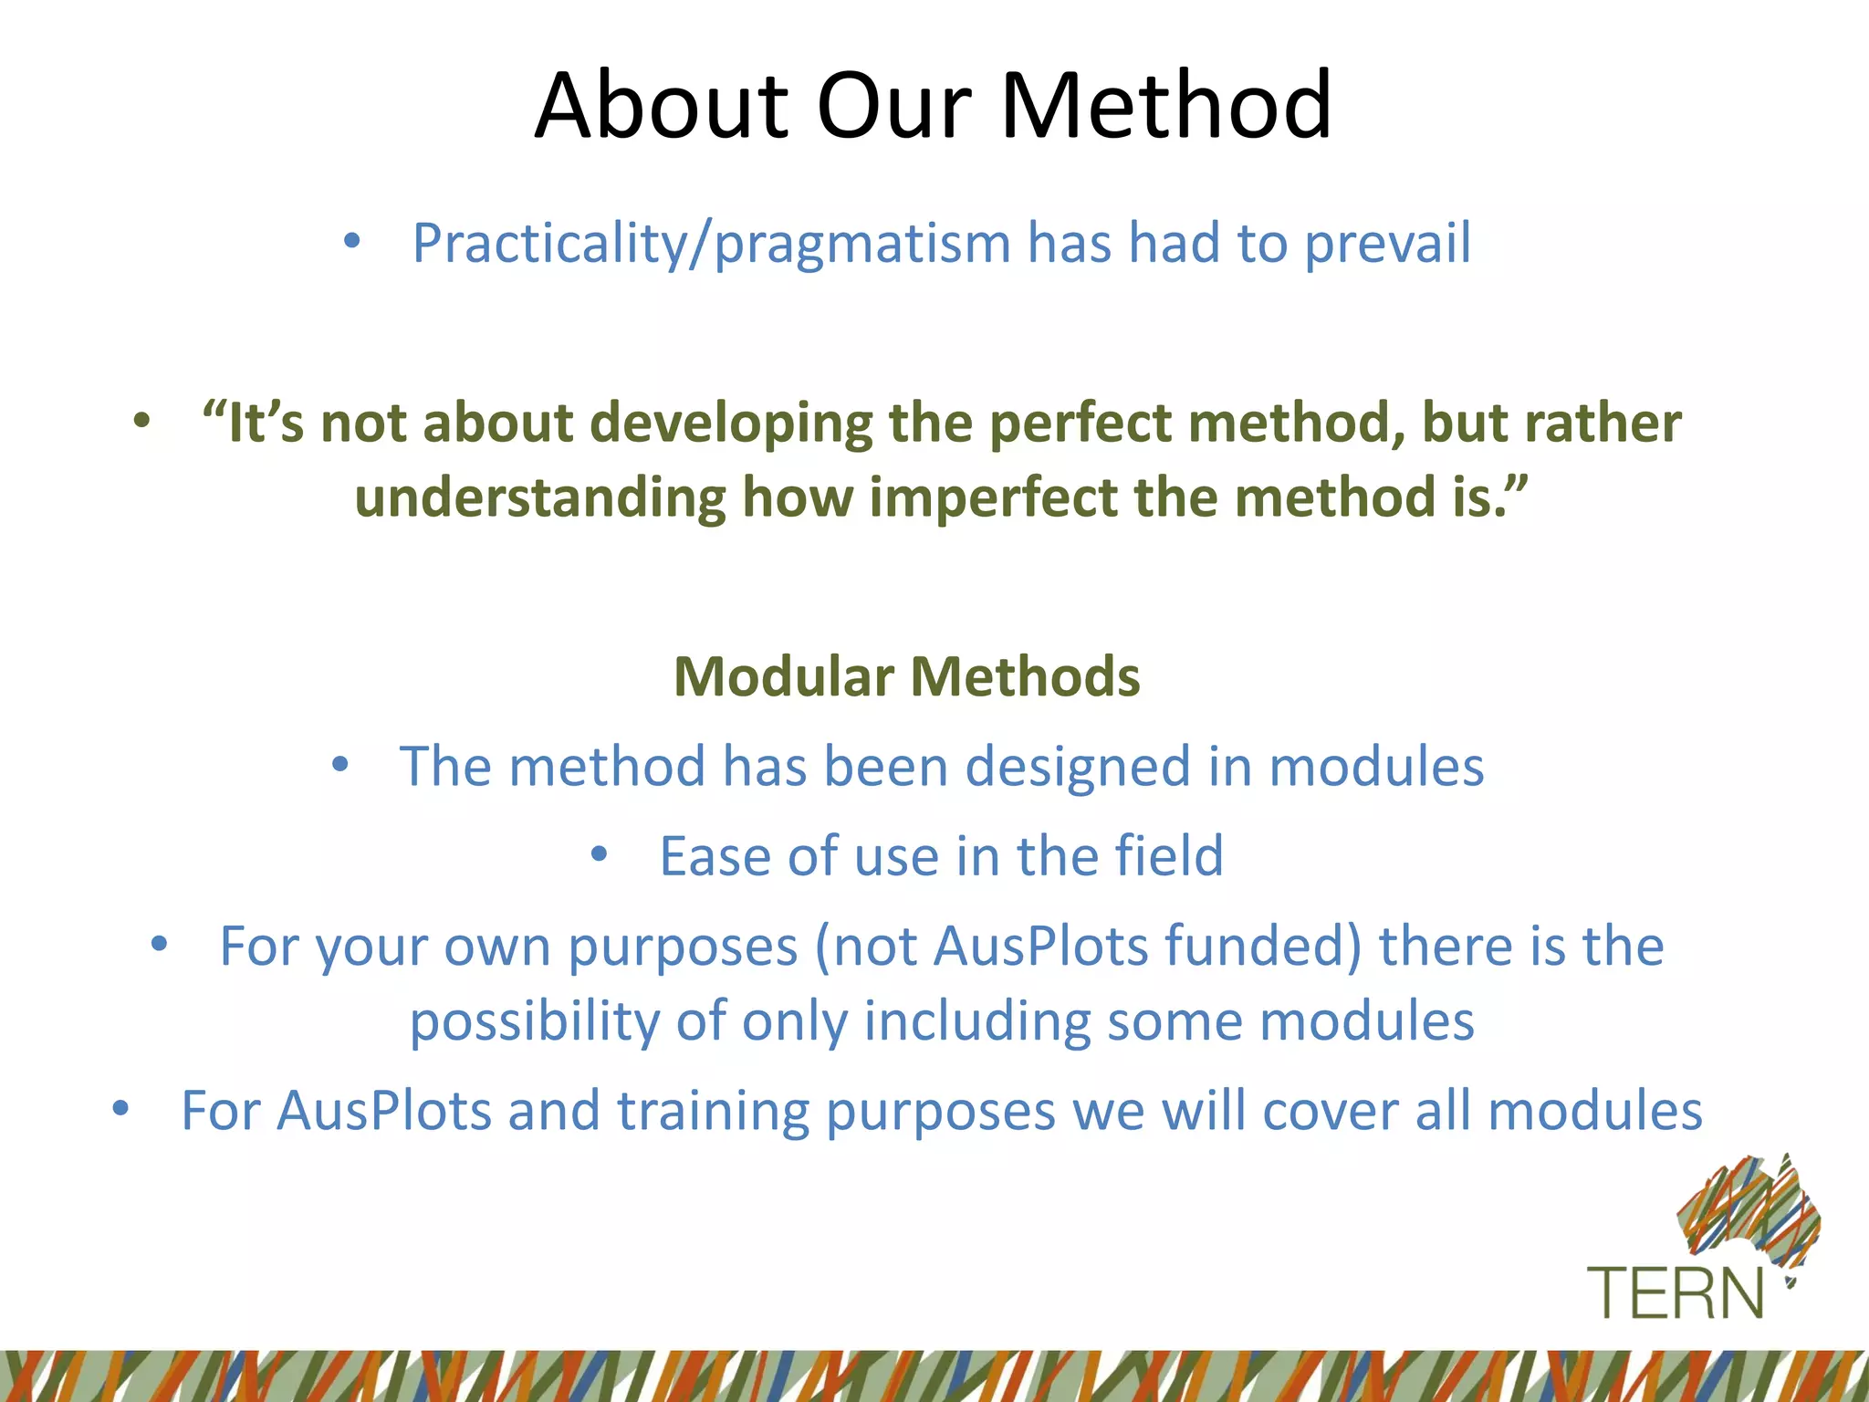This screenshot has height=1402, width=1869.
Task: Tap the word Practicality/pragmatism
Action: pyautogui.click(x=711, y=244)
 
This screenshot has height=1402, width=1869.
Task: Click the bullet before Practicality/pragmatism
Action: pyautogui.click(x=352, y=243)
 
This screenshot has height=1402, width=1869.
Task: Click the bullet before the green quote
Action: pyautogui.click(x=141, y=422)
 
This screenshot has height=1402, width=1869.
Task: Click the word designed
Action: pyautogui.click(x=1078, y=766)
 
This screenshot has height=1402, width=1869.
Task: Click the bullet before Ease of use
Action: pyautogui.click(x=599, y=855)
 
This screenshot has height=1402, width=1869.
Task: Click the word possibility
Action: pyautogui.click(x=534, y=1020)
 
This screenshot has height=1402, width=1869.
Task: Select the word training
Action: pyautogui.click(x=713, y=1111)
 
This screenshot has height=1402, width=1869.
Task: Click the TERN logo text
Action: pyautogui.click(x=1676, y=1293)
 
